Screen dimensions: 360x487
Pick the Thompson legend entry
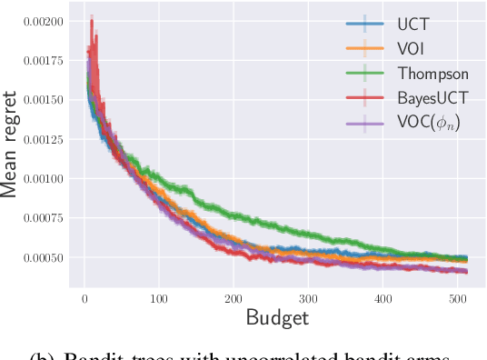tap(432, 75)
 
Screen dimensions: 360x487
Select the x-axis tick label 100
tap(159, 297)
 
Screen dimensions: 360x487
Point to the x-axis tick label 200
tap(234, 297)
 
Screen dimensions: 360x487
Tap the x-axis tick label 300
tap(308, 297)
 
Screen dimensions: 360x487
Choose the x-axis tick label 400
tap(383, 297)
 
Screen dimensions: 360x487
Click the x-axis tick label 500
tap(457, 297)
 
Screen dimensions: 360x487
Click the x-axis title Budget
tap(277, 317)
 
